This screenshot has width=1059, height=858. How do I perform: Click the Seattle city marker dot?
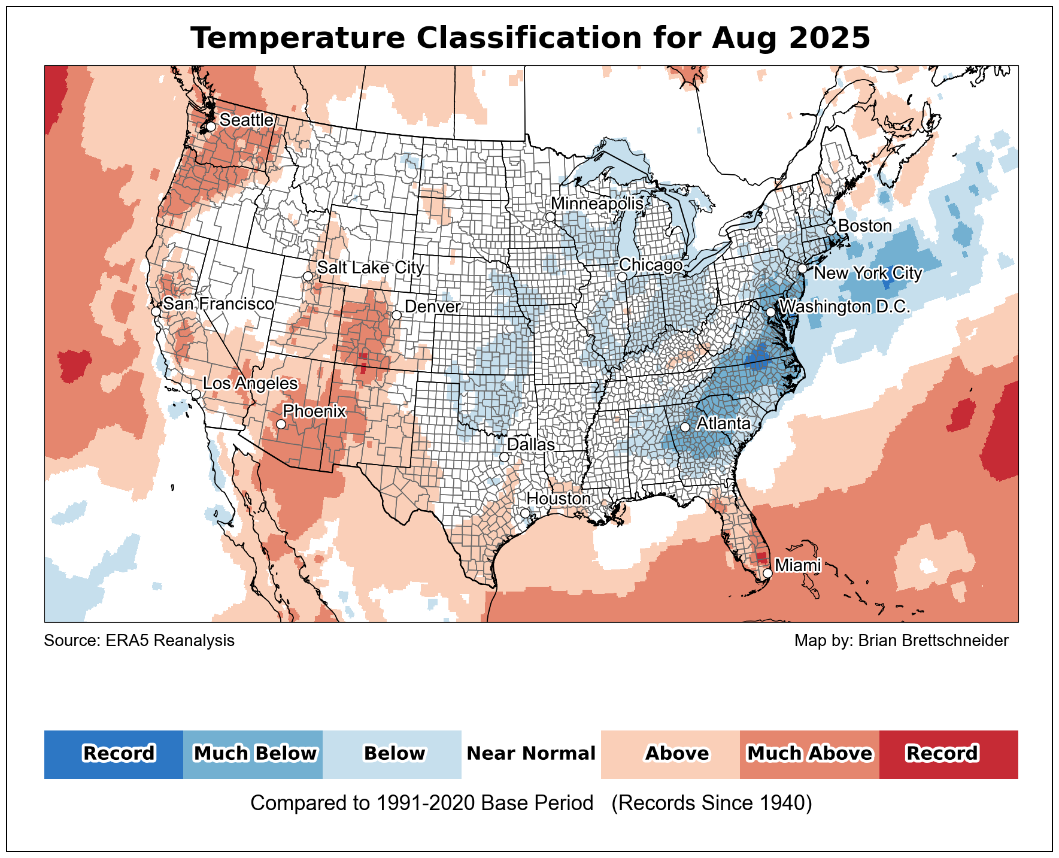211,127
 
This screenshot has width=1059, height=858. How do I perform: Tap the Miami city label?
797,565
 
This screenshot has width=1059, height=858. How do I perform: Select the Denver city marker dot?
396,315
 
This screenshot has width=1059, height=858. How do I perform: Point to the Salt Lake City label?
371,268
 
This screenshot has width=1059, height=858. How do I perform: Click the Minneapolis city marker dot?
550,217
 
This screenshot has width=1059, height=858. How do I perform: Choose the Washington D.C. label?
845,307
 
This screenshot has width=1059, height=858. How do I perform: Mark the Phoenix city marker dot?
281,425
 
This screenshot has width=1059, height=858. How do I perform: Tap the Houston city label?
559,499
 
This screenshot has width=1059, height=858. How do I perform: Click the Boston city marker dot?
831,231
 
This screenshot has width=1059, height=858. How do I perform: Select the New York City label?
868,274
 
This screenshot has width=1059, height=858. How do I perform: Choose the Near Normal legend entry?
531,754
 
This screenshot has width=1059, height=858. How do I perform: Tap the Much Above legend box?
809,754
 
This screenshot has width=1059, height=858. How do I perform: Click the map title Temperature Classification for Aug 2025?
530,38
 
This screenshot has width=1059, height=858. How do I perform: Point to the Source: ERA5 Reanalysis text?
139,641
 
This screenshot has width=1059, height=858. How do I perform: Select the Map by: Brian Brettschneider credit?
901,641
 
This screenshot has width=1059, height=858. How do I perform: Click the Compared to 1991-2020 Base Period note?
421,804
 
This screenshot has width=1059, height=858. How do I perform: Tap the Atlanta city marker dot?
685,427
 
